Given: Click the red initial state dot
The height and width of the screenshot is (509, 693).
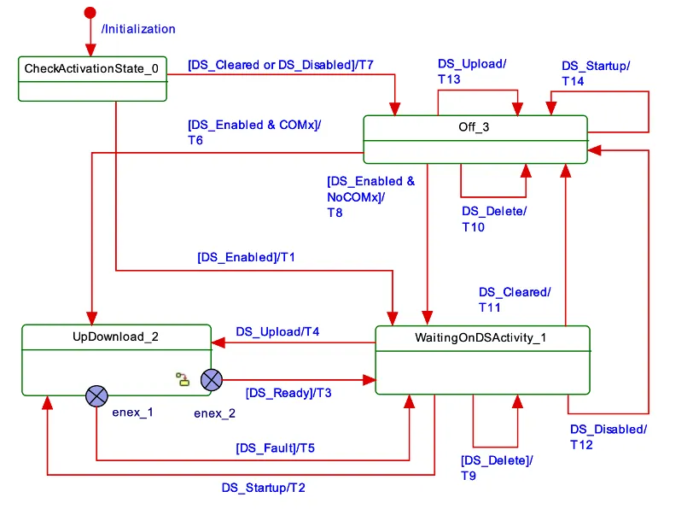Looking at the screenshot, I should [x=89, y=13].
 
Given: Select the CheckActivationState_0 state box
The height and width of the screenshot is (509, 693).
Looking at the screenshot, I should [x=92, y=79].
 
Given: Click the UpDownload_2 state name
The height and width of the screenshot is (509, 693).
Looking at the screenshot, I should [x=115, y=336].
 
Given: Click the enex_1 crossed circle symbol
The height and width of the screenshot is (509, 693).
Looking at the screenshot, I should [x=97, y=395].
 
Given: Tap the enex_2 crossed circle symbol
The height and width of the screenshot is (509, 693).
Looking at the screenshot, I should [x=211, y=379].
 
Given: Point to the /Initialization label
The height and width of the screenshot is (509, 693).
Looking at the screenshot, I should [x=137, y=29].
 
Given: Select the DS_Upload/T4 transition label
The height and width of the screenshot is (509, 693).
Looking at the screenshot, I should [x=277, y=331].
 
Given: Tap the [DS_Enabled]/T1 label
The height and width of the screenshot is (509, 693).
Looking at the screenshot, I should [x=246, y=256].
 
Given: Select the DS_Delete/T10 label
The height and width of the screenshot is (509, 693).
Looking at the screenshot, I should [x=494, y=219].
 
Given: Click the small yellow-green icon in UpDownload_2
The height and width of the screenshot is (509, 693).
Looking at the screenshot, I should [x=183, y=379].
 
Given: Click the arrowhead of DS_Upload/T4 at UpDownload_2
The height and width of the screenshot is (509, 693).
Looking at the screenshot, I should [x=217, y=343].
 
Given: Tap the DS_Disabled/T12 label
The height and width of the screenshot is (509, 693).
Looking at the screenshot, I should [x=608, y=436].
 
